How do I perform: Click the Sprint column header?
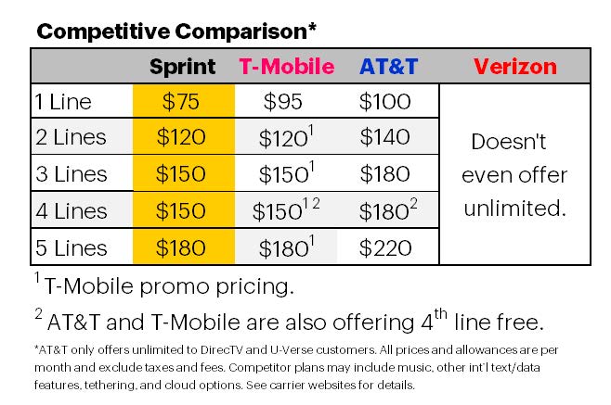183,67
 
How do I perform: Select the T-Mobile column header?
286,67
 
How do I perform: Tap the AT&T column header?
388,67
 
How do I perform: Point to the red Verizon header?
514,67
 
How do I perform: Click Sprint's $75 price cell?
183,101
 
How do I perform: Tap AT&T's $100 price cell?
383,101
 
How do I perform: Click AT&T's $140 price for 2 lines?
383,137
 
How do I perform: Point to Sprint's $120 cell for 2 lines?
183,137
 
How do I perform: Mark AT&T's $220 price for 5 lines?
383,247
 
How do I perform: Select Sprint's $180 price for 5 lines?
183,247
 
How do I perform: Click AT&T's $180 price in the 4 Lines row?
381,211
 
